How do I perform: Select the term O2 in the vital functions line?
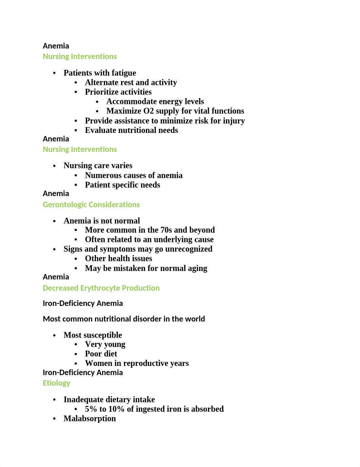(x=148, y=111)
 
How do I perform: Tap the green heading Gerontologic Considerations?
(x=91, y=205)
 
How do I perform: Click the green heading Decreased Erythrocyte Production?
(x=101, y=288)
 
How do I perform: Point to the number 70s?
(x=166, y=230)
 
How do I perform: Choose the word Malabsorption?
(x=90, y=419)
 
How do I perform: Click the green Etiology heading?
(x=56, y=383)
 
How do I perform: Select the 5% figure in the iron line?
(x=91, y=409)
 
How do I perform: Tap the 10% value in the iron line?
(x=116, y=409)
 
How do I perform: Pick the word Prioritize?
(x=101, y=92)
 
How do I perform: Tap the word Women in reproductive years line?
(x=99, y=363)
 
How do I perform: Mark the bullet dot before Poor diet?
(x=76, y=354)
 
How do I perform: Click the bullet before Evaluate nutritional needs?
(x=76, y=131)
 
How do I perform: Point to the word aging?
(x=197, y=268)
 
